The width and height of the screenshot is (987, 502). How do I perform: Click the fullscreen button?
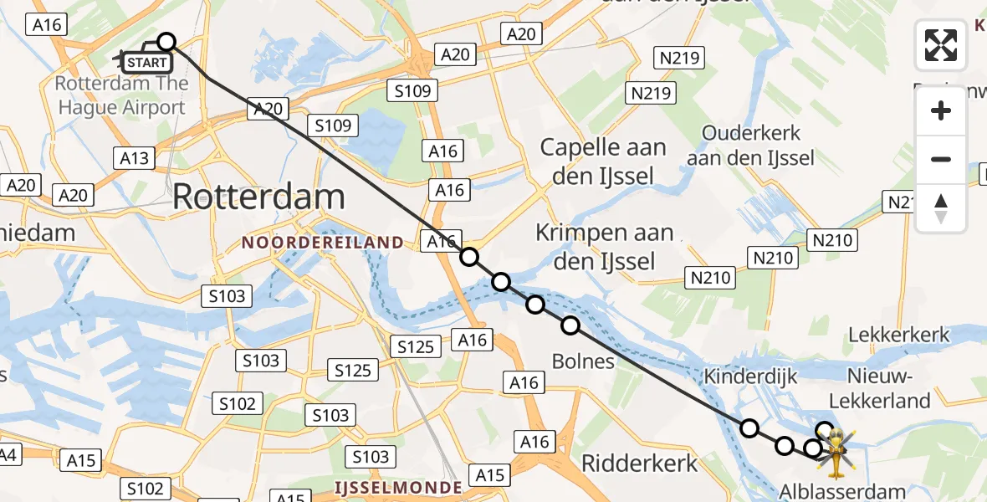pyautogui.click(x=941, y=45)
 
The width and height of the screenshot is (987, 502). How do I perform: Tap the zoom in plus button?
pyautogui.click(x=941, y=110)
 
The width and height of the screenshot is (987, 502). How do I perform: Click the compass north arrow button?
pyautogui.click(x=941, y=208)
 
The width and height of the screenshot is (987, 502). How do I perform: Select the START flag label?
pyautogui.click(x=147, y=62)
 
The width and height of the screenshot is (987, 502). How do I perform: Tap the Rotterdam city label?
pyautogui.click(x=258, y=197)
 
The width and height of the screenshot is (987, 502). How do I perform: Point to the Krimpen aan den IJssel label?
pyautogui.click(x=606, y=247)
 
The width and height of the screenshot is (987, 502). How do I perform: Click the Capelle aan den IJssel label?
pyautogui.click(x=602, y=161)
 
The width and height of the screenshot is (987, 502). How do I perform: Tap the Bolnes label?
pyautogui.click(x=583, y=361)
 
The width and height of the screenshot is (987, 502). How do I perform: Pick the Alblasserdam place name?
pyautogui.click(x=841, y=491)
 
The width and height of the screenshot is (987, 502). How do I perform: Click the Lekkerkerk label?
pyautogui.click(x=899, y=336)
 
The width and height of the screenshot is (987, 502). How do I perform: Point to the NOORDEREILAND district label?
pyautogui.click(x=322, y=243)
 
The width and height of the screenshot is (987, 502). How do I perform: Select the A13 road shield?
pyautogui.click(x=134, y=158)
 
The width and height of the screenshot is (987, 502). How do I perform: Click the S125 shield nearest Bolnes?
pyautogui.click(x=415, y=346)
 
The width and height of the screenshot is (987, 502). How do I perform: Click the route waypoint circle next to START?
pyautogui.click(x=166, y=42)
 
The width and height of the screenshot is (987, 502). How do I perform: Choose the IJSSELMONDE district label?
pyautogui.click(x=397, y=487)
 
